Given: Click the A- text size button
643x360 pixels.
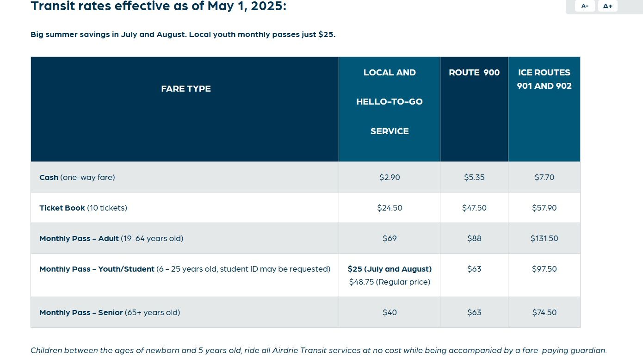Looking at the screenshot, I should (x=585, y=6).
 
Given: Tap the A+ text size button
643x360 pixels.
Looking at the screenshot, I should (x=607, y=6).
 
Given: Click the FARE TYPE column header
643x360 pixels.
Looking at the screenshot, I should (x=186, y=89).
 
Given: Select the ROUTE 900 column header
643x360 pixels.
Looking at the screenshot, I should (x=474, y=73).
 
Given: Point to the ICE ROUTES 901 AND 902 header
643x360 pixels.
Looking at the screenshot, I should (x=544, y=79).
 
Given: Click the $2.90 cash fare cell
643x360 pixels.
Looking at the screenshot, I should (x=390, y=177).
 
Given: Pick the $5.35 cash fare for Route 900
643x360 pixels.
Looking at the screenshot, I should (x=474, y=177).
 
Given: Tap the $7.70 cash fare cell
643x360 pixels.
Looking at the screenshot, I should (x=544, y=177).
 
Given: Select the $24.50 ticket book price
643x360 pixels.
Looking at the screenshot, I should (x=390, y=208).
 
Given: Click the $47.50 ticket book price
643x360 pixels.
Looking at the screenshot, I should (x=474, y=208).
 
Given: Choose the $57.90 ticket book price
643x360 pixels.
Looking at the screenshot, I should (x=544, y=208).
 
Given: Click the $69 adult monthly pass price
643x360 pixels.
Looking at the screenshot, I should (x=390, y=238).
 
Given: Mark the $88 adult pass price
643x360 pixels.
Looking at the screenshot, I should (x=474, y=238).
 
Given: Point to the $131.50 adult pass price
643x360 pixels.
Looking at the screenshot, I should (x=544, y=238).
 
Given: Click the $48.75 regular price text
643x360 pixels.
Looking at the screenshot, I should (x=390, y=282).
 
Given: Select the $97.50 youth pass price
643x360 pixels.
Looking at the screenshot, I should (x=544, y=269).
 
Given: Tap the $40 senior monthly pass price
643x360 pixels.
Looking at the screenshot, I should (x=390, y=312).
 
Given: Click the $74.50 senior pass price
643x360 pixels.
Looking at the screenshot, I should (x=544, y=312).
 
